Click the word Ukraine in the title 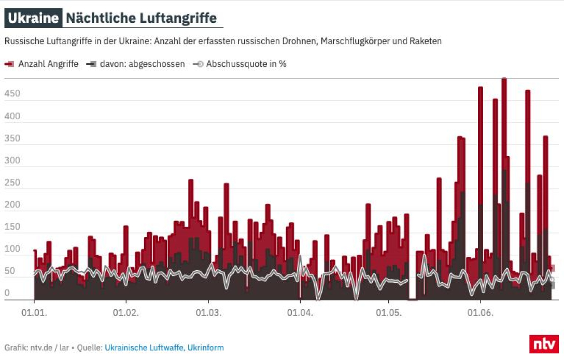tap(33, 18)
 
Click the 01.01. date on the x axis tap(34, 313)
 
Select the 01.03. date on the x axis tap(208, 313)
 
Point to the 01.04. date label tap(300, 313)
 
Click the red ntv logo tap(543, 344)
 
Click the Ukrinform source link tap(206, 348)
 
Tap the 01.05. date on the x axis tap(389, 313)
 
